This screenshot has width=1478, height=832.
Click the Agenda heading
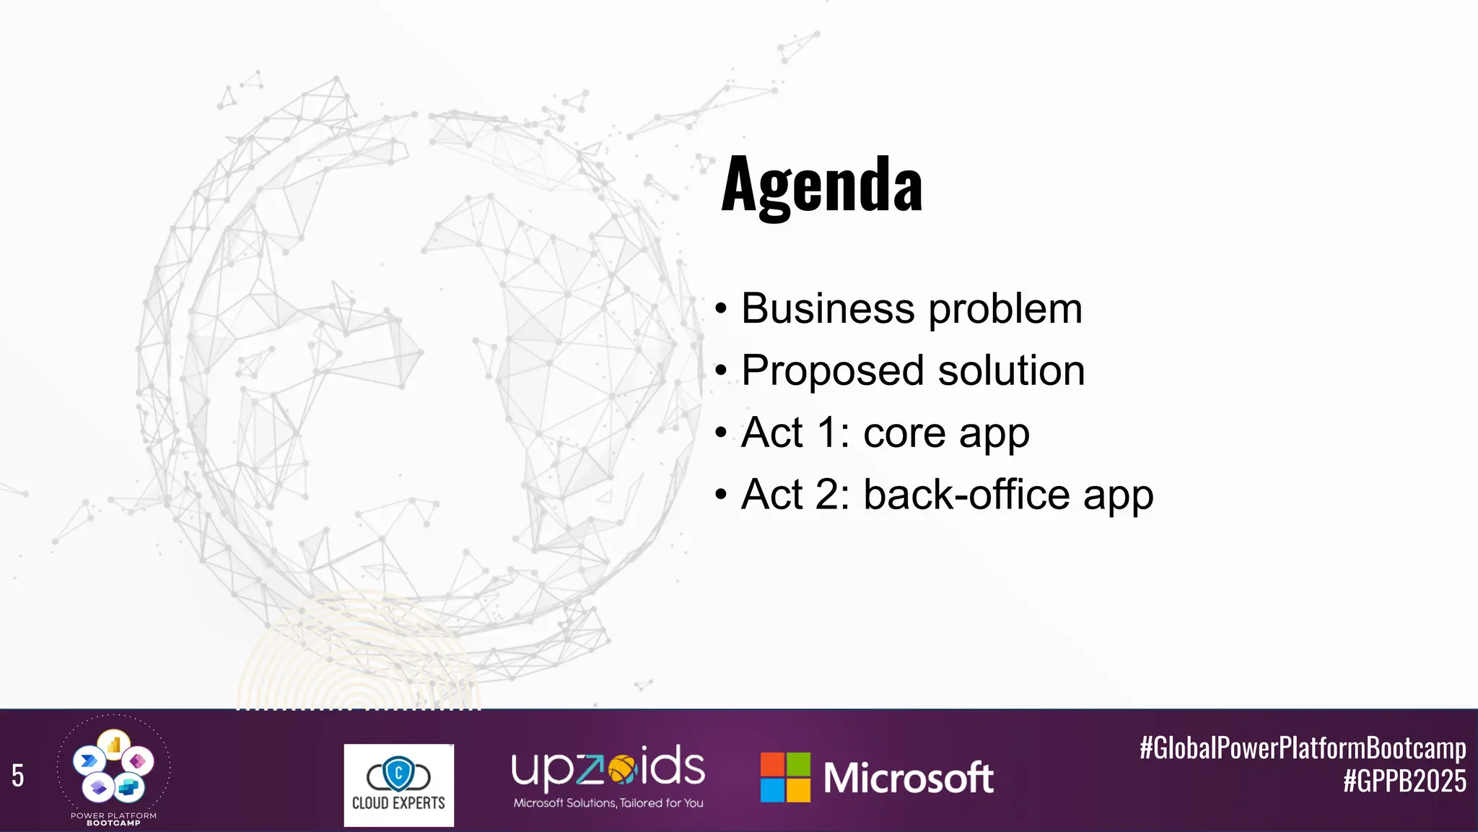[821, 185]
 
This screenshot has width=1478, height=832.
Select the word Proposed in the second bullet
[832, 371]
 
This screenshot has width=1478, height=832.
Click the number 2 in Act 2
[829, 495]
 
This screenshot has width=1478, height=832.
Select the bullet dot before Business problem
[721, 310]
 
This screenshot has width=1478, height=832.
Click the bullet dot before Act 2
[721, 496]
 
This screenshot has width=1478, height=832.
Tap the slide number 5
[18, 776]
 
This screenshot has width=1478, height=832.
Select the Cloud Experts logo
[398, 784]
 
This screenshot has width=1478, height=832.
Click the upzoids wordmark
[608, 767]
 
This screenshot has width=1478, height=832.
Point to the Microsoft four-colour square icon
[785, 777]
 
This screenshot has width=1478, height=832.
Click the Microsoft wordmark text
[908, 778]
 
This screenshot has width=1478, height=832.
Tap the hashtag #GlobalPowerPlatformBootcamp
[1302, 747]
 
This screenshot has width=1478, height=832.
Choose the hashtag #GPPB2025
[1404, 781]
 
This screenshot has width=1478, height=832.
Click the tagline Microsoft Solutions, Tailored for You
[608, 803]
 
